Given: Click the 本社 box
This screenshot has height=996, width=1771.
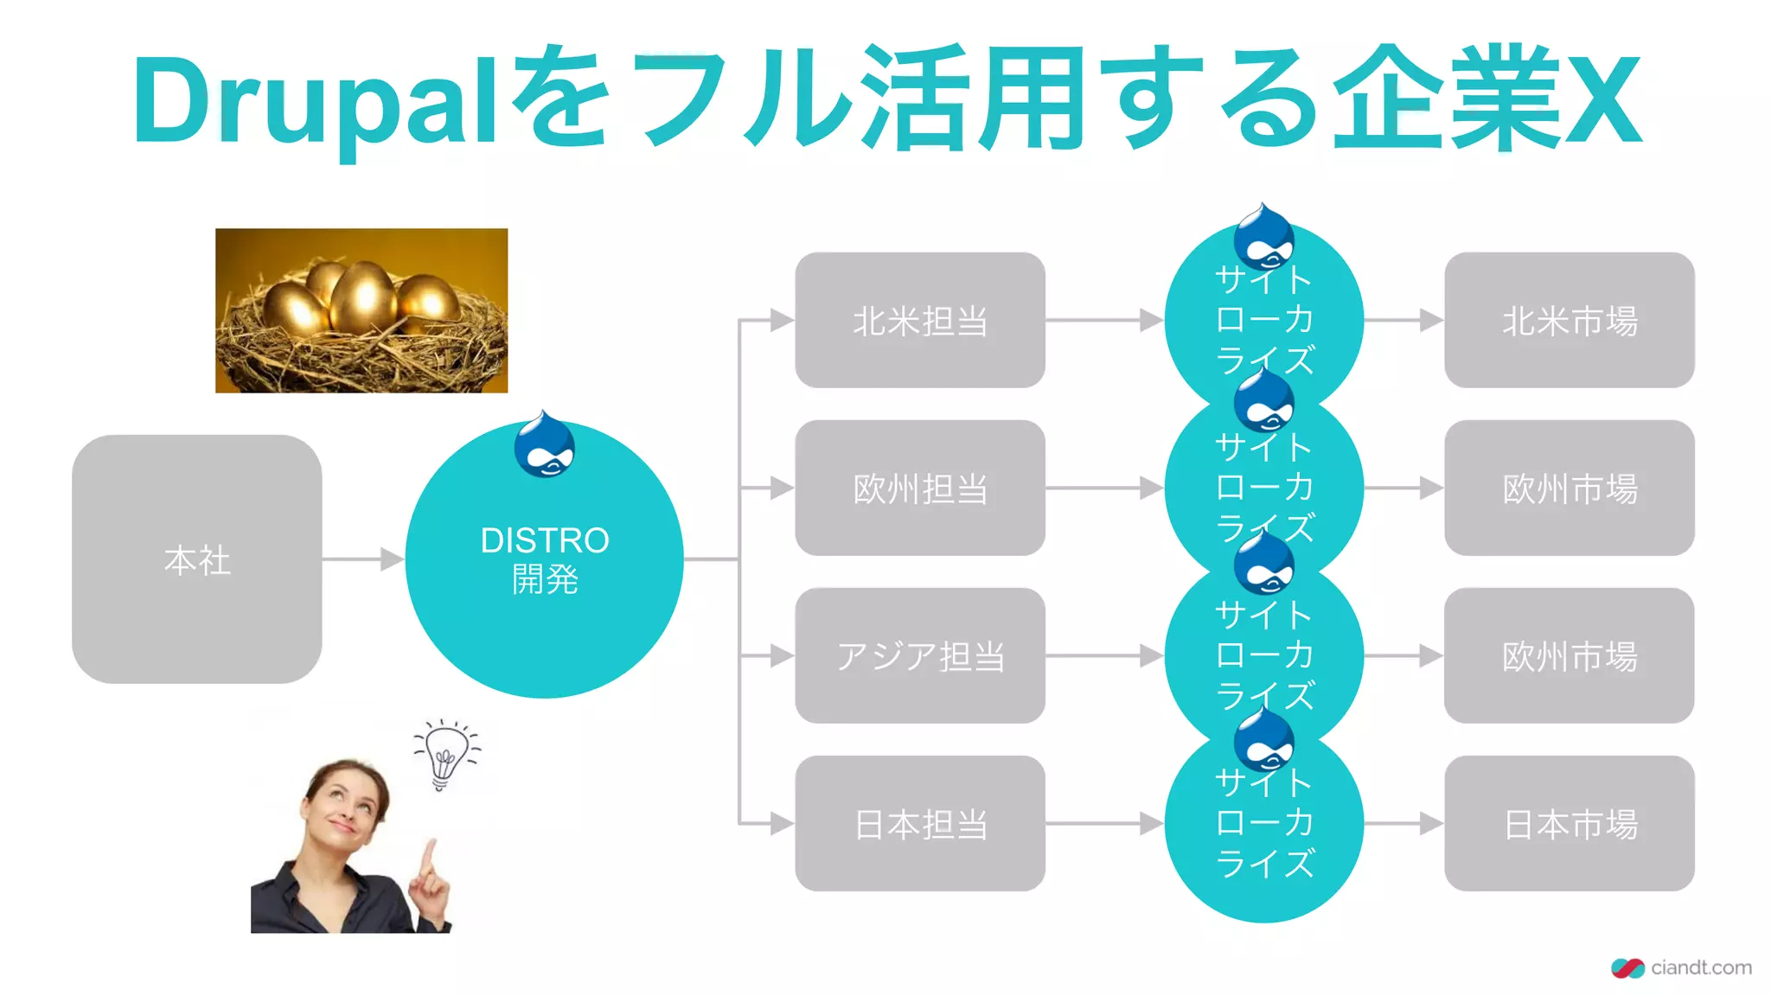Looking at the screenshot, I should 197,559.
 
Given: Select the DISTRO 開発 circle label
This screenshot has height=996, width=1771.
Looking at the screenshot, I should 545,559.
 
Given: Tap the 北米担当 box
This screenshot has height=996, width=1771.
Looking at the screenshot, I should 920,321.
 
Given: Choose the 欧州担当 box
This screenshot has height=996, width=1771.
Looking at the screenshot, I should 920,488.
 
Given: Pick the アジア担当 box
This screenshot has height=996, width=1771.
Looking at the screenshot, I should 920,656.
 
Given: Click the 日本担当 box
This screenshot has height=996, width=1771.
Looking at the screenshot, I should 920,824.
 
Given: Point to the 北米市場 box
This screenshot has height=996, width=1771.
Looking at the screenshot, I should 1569,321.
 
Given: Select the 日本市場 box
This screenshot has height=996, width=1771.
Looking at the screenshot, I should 1569,824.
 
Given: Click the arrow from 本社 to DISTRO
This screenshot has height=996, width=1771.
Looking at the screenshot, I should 363,559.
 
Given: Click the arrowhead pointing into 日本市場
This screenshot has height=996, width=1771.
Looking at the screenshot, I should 1431,824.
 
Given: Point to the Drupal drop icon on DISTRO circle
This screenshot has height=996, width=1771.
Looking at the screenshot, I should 544,446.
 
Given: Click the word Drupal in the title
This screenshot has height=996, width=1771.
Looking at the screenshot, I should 315,99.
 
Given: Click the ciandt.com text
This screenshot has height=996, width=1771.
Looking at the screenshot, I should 1701,967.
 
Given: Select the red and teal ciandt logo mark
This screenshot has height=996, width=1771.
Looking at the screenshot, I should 1627,968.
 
